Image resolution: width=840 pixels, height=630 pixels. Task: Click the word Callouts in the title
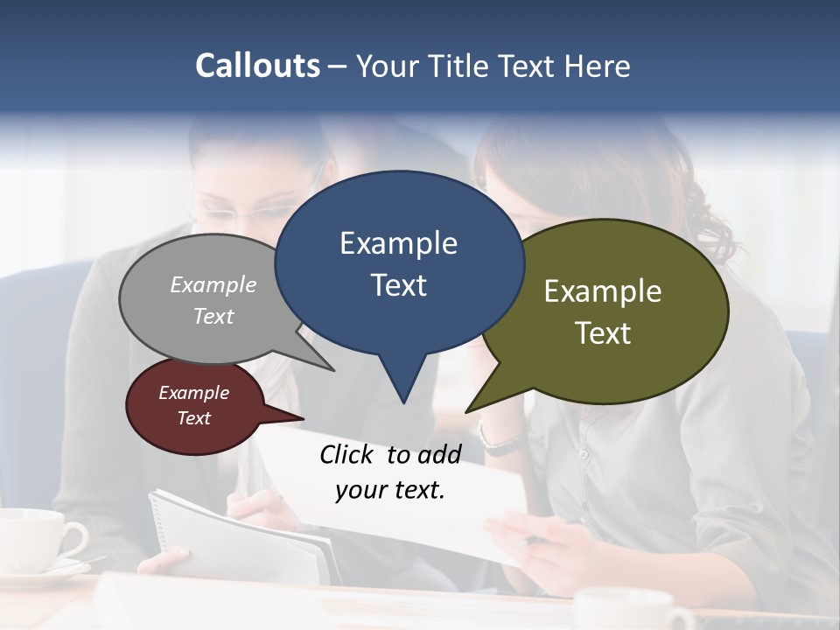(257, 66)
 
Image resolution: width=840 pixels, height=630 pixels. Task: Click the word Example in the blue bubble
(398, 243)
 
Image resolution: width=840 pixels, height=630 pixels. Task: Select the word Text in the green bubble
(603, 333)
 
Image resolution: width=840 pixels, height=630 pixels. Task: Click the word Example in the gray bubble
(213, 284)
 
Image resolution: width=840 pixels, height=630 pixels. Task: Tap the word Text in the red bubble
(194, 418)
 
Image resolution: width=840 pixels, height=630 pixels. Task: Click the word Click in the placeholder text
(347, 454)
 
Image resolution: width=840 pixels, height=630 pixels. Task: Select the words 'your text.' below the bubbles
(390, 490)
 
